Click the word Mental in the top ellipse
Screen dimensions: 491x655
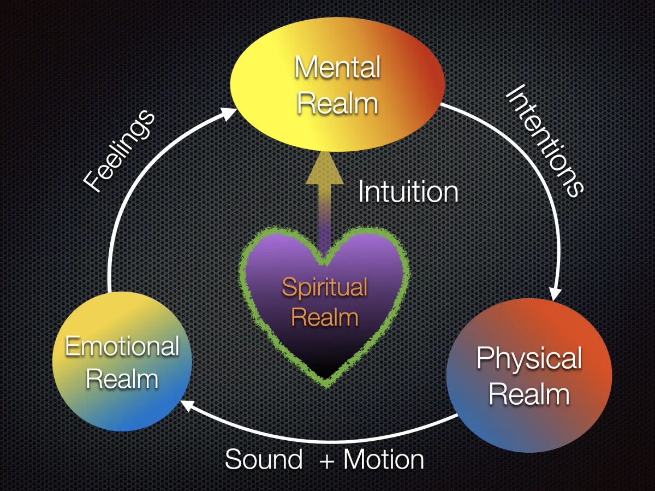coord(337,68)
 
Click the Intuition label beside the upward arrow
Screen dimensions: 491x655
coord(408,192)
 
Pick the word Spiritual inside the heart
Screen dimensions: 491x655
coord(324,287)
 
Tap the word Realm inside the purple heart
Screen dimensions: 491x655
coord(324,317)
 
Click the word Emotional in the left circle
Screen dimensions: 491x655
coord(122,346)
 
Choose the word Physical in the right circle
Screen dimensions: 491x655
coord(529,359)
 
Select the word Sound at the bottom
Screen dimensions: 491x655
coord(264,459)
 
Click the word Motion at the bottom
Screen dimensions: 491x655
coord(384,459)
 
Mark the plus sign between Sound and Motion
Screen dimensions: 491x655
coord(326,460)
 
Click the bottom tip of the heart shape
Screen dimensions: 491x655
coord(326,382)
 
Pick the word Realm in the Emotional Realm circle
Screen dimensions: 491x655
coord(122,379)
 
